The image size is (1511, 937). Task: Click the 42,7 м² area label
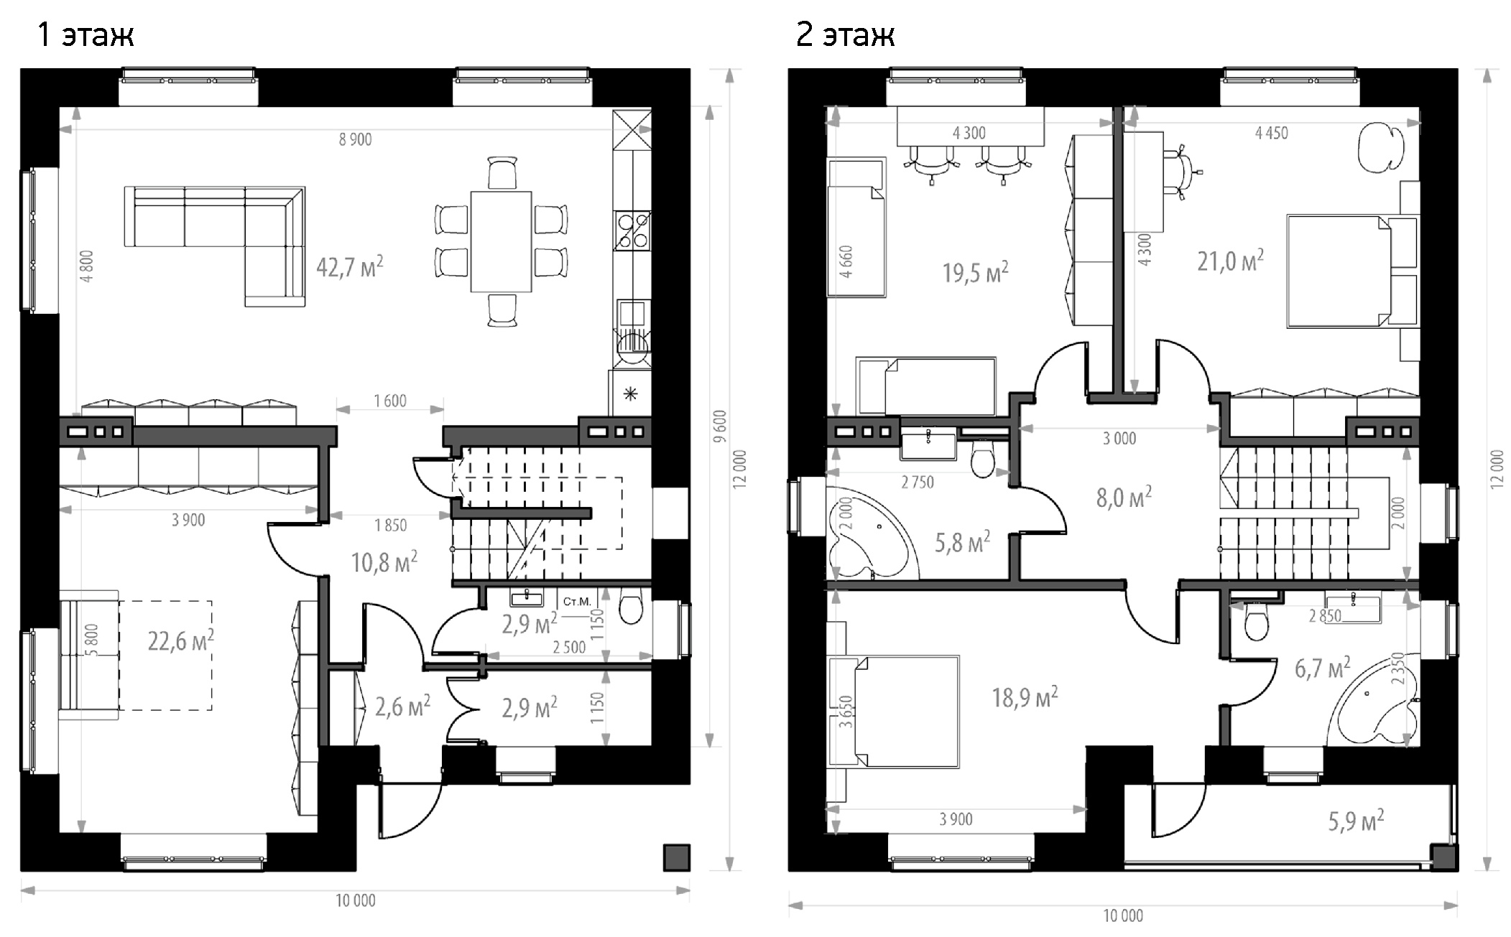(x=350, y=267)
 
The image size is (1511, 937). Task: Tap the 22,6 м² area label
(x=180, y=640)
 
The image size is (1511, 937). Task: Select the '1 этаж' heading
(x=86, y=34)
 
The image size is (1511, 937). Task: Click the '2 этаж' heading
(x=845, y=34)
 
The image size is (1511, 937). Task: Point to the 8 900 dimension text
(x=356, y=139)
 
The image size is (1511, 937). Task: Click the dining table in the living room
(x=502, y=241)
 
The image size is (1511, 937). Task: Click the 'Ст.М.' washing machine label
(x=576, y=602)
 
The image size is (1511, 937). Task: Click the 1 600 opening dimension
(x=390, y=401)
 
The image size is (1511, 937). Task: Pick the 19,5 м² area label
(x=975, y=273)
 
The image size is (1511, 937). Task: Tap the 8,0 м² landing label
(x=1124, y=497)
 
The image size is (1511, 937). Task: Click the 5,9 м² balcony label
(x=1356, y=821)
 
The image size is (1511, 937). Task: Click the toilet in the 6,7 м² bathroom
(x=1257, y=620)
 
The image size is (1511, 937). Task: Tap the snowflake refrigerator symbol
(x=630, y=394)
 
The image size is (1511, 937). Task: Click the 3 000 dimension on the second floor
(x=1119, y=438)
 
